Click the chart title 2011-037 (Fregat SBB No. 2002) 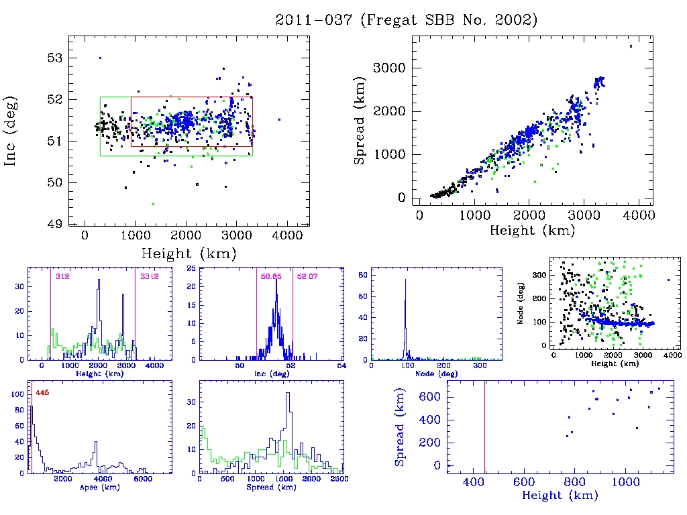coord(407,20)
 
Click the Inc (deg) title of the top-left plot coord(11,131)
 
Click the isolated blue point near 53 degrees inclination coord(100,58)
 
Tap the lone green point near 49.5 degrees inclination coord(153,204)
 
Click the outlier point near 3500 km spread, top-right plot coord(631,46)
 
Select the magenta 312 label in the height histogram coord(62,276)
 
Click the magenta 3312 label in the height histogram coord(148,276)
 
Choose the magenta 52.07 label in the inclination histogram coord(305,276)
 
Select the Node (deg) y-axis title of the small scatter coord(520,308)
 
